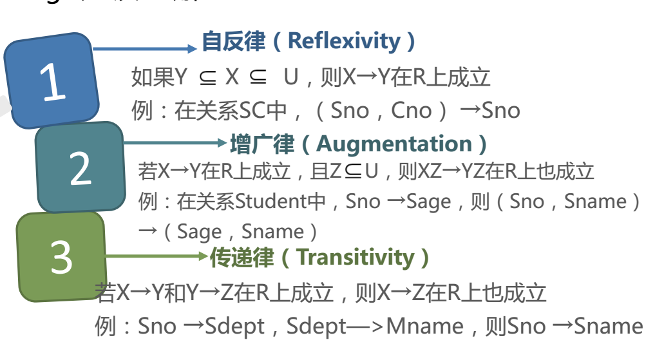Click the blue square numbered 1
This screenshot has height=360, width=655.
pyautogui.click(x=52, y=81)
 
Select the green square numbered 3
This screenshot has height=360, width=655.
pyautogui.click(x=61, y=257)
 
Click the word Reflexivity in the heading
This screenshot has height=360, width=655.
pyautogui.click(x=344, y=41)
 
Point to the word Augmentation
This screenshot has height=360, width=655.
pyautogui.click(x=394, y=144)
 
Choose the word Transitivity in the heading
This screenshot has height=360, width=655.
pyautogui.click(x=356, y=258)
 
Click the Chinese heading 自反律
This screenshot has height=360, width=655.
pyautogui.click(x=233, y=41)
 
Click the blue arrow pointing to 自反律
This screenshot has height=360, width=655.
pyautogui.click(x=145, y=48)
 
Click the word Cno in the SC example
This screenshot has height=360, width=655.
pyautogui.click(x=411, y=110)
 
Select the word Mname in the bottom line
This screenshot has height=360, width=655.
pyautogui.click(x=424, y=326)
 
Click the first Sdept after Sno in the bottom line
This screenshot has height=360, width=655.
pyautogui.click(x=234, y=326)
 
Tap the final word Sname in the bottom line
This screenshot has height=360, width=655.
pyautogui.click(x=608, y=326)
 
